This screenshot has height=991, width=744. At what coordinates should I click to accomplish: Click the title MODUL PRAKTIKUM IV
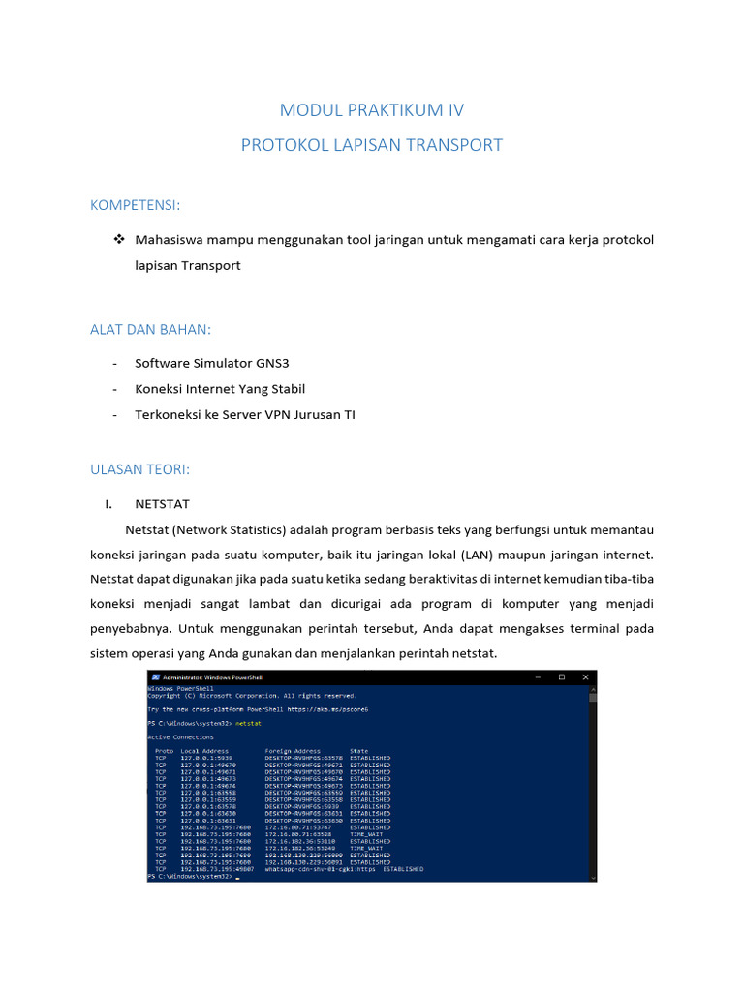[371, 110]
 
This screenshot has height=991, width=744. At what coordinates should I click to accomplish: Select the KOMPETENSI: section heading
[136, 205]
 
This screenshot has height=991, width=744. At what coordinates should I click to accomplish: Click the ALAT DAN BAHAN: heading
[150, 330]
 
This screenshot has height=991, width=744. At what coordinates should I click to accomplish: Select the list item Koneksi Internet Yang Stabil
[220, 389]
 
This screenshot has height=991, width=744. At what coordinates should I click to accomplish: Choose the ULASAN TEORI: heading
[140, 469]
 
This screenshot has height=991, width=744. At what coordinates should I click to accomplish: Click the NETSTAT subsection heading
[162, 504]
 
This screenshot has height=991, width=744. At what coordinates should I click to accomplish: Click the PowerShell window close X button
[585, 677]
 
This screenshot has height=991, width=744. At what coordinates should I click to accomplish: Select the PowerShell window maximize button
[561, 677]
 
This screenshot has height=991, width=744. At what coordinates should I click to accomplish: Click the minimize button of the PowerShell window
[537, 677]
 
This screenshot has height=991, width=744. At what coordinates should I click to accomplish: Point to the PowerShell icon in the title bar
[155, 677]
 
